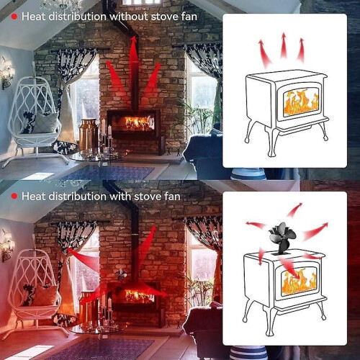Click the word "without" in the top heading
pos(129,17)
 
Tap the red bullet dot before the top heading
pos(14,17)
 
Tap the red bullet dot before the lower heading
pos(14,197)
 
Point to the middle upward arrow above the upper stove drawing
pos(284,45)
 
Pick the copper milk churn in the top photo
pos(88,135)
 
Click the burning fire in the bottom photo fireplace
pos(139,296)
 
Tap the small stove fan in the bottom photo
pos(121,275)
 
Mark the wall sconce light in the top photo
pos(7,72)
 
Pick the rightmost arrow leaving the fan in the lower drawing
pos(315,231)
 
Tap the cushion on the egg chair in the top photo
pos(45,122)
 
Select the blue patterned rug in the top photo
pos(108,173)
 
